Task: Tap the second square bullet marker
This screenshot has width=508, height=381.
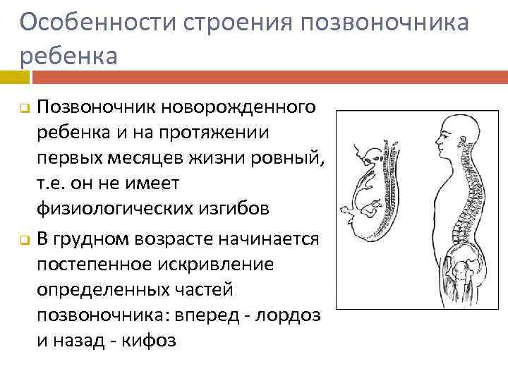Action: click(x=23, y=241)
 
